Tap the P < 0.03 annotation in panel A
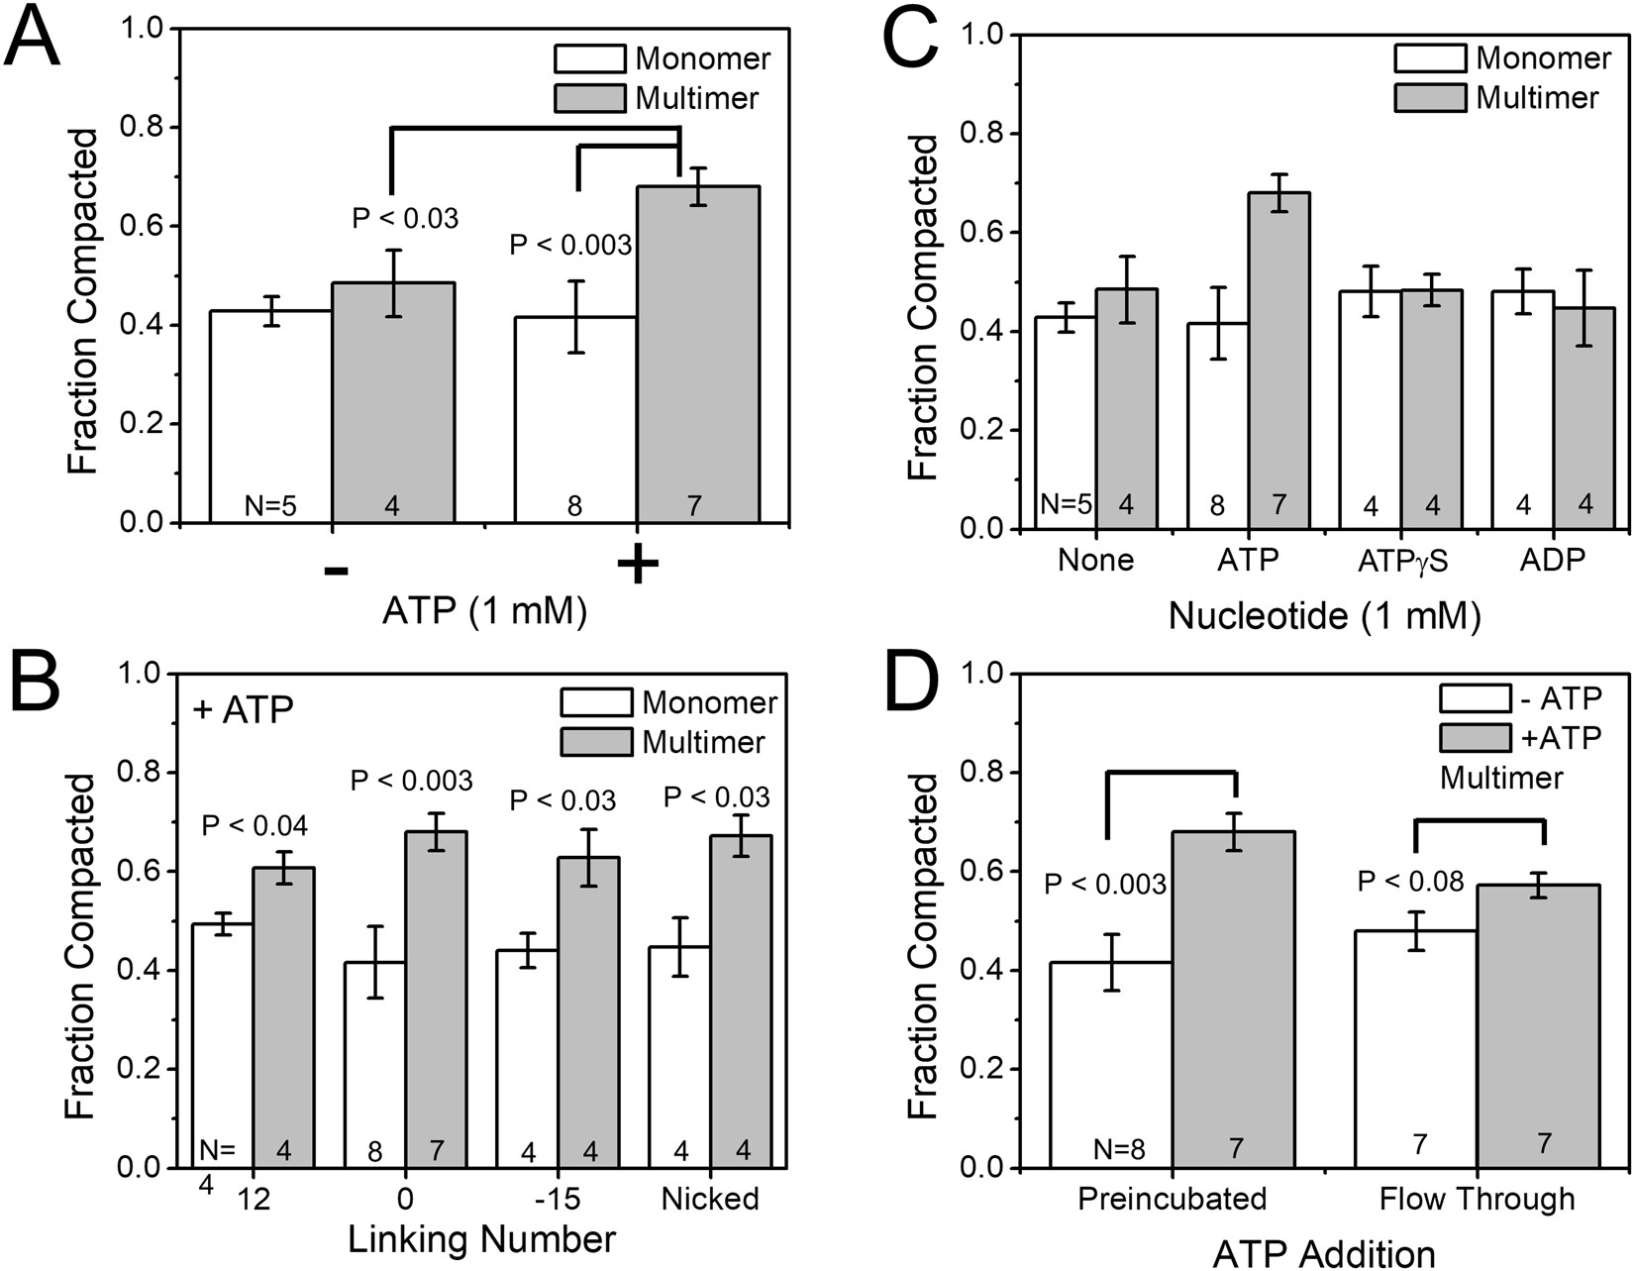click(x=405, y=219)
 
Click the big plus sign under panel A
click(x=637, y=566)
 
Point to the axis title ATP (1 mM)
click(x=484, y=611)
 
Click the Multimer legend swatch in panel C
click(x=1430, y=97)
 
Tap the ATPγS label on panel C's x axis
click(x=1402, y=561)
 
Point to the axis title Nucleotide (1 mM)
click(x=1324, y=616)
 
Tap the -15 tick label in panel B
click(x=558, y=1199)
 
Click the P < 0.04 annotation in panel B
click(x=255, y=825)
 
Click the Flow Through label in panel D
click(x=1477, y=1200)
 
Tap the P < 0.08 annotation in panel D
click(x=1409, y=881)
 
